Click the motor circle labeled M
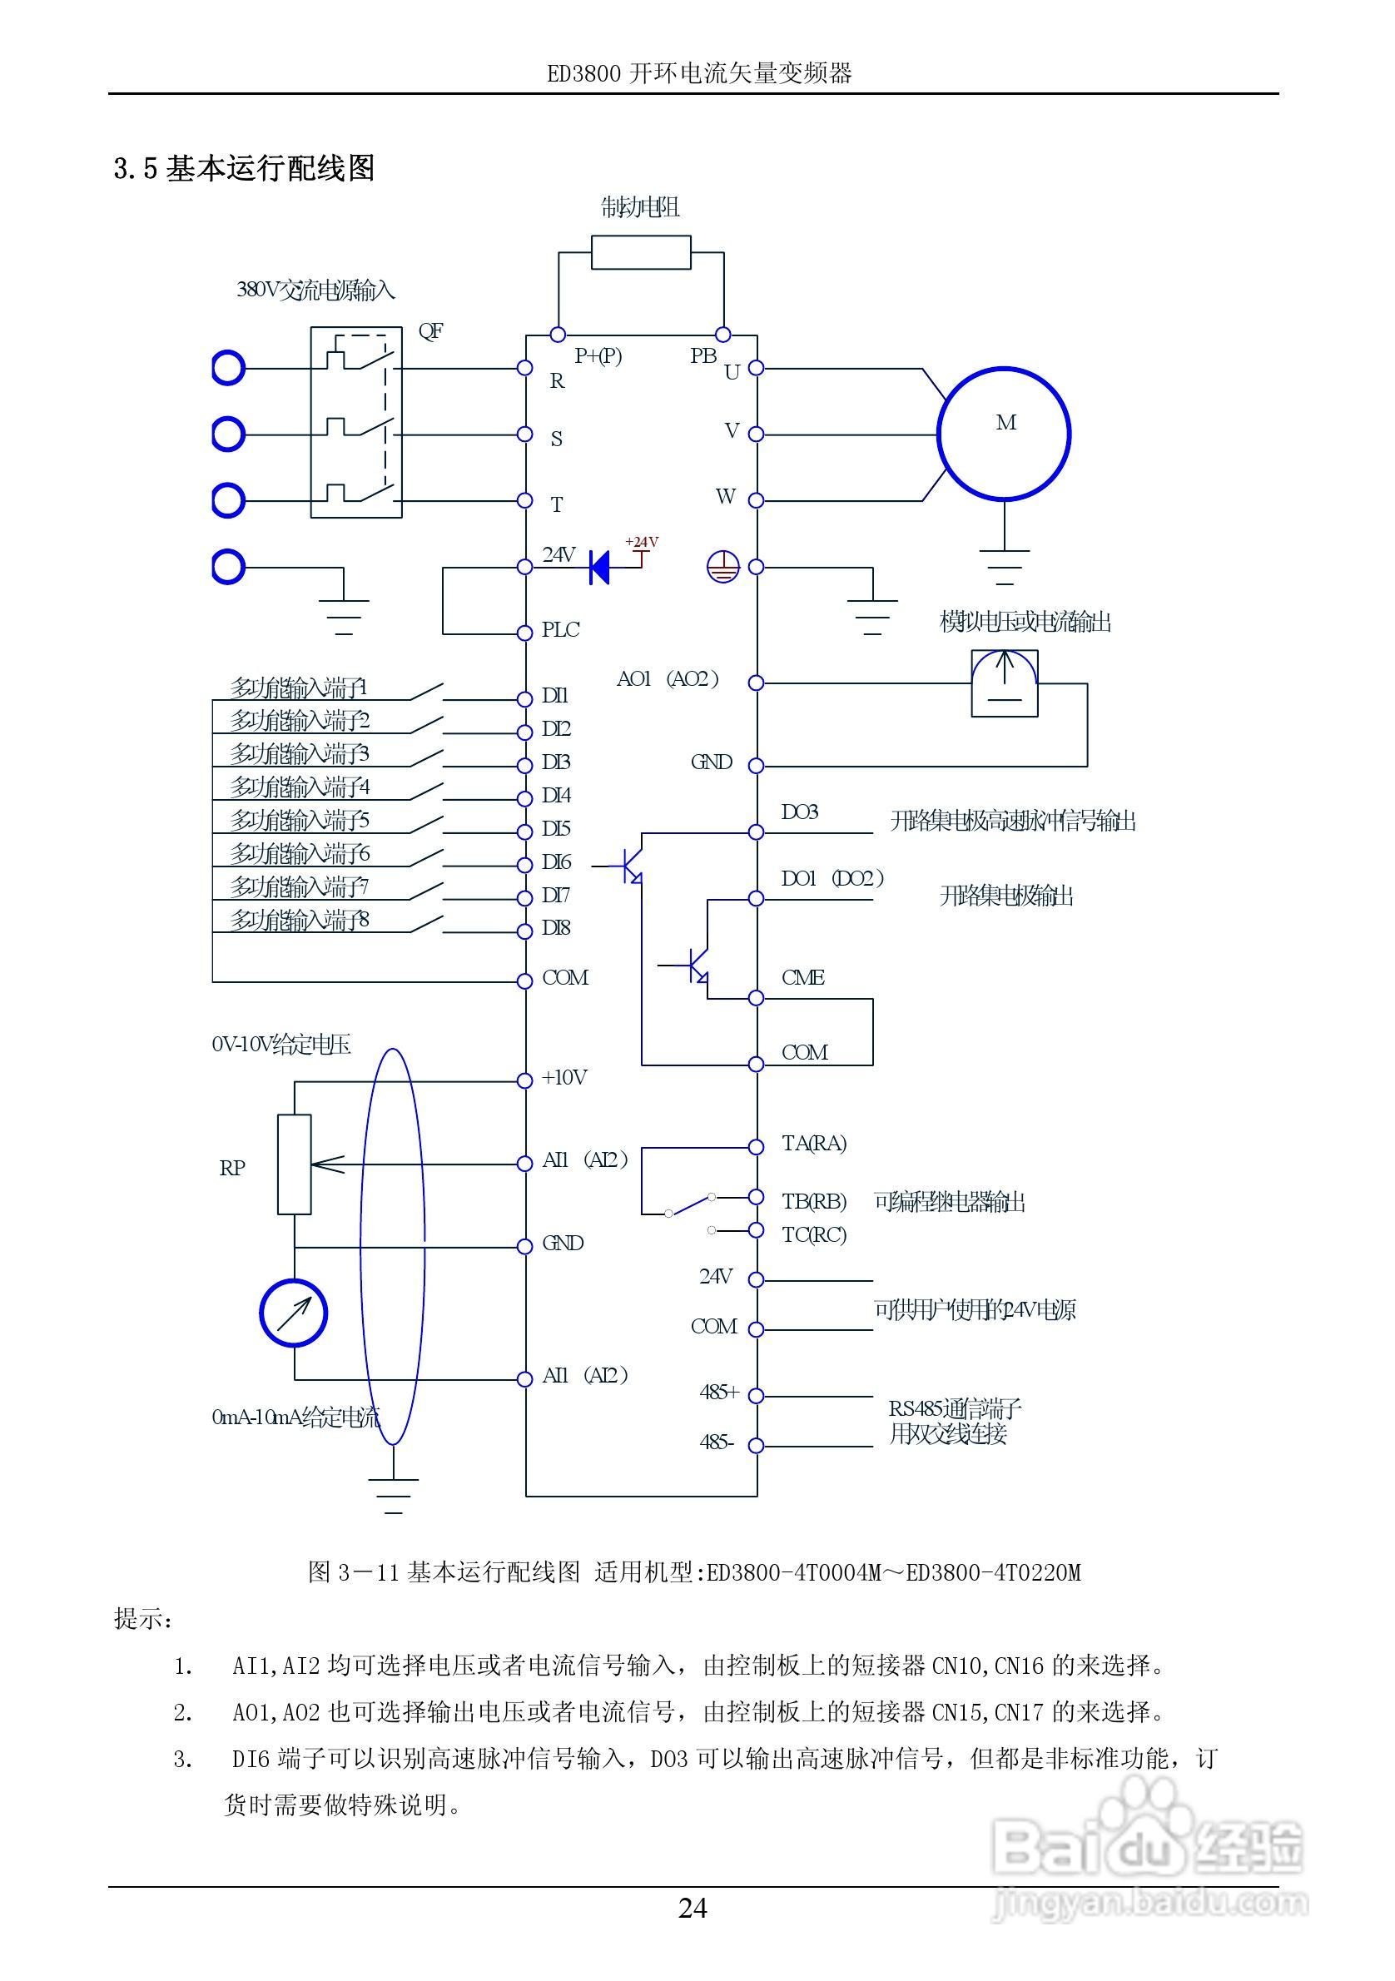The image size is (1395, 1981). coord(1003,433)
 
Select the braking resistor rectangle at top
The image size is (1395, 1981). coord(641,253)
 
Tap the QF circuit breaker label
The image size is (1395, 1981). coord(430,330)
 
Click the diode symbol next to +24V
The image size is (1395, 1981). coord(598,567)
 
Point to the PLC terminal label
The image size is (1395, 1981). coord(561,631)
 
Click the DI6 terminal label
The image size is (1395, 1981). coord(557,862)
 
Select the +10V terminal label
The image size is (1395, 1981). coord(564,1078)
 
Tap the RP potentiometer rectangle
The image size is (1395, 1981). coord(294,1164)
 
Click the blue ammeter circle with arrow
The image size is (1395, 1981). coord(293,1313)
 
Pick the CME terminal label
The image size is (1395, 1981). coord(803,977)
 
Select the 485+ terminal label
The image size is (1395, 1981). coord(719,1392)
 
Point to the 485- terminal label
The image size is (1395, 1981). coord(717,1442)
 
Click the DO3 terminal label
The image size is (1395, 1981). coord(800,812)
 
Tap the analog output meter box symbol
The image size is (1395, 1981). coord(1004,683)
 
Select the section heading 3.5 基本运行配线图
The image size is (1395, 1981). coord(244,168)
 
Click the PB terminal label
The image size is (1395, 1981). coord(703,355)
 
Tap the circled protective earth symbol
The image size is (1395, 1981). coord(723,567)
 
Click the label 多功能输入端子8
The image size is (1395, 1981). coord(300,920)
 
